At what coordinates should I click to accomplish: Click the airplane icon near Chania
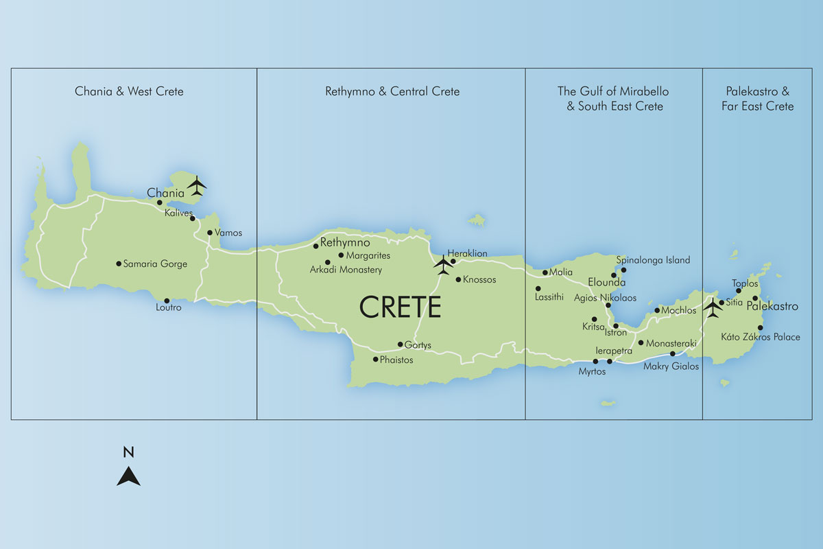point(197,185)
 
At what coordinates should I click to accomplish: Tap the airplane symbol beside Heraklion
point(444,264)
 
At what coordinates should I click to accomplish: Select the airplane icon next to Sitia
point(713,308)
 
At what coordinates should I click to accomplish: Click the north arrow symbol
point(128,475)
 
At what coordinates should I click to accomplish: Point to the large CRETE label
point(401,307)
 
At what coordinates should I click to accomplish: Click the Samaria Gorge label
point(155,264)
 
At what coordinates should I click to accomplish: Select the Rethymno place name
point(345,243)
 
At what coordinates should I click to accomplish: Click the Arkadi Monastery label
point(346,270)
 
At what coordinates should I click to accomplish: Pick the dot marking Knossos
point(458,279)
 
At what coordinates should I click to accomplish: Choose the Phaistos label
point(398,360)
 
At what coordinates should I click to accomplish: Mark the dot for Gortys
point(401,344)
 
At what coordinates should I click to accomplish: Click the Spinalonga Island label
point(653,260)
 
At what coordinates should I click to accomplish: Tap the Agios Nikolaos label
point(605,298)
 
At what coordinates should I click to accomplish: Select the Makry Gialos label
point(671,366)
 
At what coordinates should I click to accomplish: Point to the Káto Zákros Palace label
point(761,337)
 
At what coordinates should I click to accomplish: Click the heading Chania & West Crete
point(129,91)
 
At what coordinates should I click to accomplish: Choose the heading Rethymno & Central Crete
point(392,91)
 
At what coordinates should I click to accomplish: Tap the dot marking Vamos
point(210,233)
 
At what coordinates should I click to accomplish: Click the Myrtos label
point(592,371)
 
